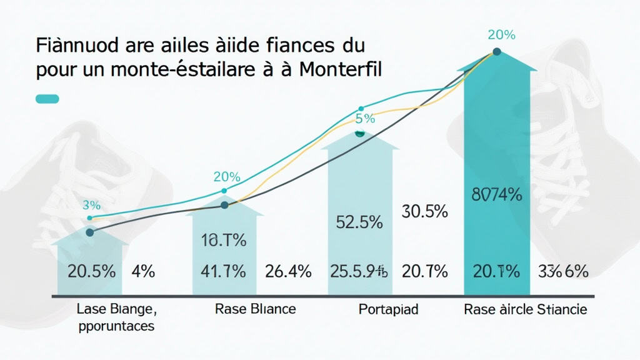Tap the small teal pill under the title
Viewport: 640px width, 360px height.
point(48,99)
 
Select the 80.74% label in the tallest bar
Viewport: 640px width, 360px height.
point(497,194)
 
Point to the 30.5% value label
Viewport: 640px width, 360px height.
point(423,212)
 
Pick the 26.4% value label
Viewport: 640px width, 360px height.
point(287,271)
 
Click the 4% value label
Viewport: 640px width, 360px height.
point(143,271)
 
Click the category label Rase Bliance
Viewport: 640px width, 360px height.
point(255,309)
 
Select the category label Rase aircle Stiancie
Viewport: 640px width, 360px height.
point(525,309)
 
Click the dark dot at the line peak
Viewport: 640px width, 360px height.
point(497,52)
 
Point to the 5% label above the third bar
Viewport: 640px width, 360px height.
point(365,118)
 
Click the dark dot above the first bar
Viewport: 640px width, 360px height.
point(89,232)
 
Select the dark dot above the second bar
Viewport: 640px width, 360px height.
point(225,205)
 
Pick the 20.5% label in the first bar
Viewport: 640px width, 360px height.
point(91,271)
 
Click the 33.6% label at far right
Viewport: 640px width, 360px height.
point(562,271)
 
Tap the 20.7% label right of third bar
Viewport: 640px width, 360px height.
point(424,271)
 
